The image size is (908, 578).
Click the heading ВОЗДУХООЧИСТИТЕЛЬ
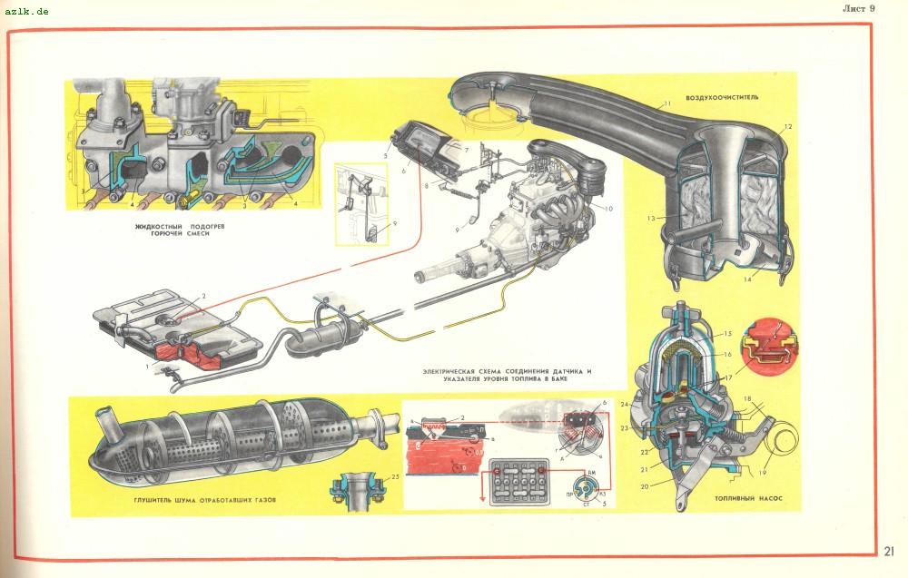pyautogui.click(x=722, y=96)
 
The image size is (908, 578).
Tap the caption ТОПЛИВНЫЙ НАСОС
pyautogui.click(x=748, y=499)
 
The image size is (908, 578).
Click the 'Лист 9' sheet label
pyautogui.click(x=857, y=8)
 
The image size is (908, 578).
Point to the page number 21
pyautogui.click(x=889, y=550)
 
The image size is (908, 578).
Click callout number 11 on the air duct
pyautogui.click(x=666, y=105)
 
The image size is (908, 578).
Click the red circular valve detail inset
pyautogui.click(x=767, y=344)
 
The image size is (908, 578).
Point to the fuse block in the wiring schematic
pyautogui.click(x=518, y=479)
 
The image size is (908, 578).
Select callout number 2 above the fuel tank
pyautogui.click(x=204, y=297)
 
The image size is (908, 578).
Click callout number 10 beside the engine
pyautogui.click(x=607, y=209)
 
